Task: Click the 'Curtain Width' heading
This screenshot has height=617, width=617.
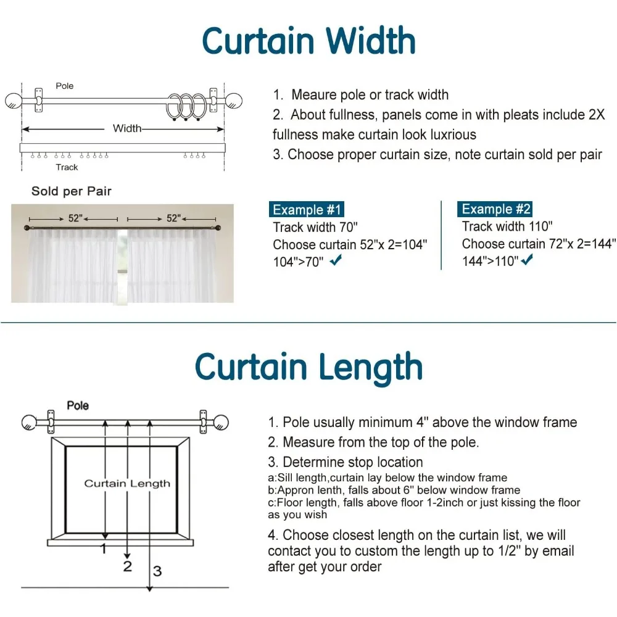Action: point(308,41)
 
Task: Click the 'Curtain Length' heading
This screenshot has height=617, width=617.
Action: point(308,367)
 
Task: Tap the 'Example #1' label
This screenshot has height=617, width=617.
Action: point(307,209)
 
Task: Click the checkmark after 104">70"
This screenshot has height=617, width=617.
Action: point(336,262)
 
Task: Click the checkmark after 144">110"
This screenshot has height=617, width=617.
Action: point(527,261)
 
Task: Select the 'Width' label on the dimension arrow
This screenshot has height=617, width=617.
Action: point(127,128)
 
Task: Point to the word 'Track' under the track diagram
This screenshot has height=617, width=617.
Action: point(67,167)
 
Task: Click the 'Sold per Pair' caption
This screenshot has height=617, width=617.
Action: point(72,191)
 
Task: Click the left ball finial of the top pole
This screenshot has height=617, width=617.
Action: point(14,101)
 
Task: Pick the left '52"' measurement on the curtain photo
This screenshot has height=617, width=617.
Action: point(75,218)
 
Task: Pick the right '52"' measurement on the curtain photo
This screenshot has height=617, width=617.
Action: point(173,218)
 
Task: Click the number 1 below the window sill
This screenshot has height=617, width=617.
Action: point(104,548)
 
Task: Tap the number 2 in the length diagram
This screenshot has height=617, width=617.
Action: point(128,566)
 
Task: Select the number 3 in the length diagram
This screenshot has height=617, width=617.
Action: point(157,571)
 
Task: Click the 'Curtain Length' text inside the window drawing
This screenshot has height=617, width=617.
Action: point(127,483)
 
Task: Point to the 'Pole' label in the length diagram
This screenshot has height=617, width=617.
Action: point(78,405)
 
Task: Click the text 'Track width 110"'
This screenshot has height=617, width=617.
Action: point(507,226)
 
